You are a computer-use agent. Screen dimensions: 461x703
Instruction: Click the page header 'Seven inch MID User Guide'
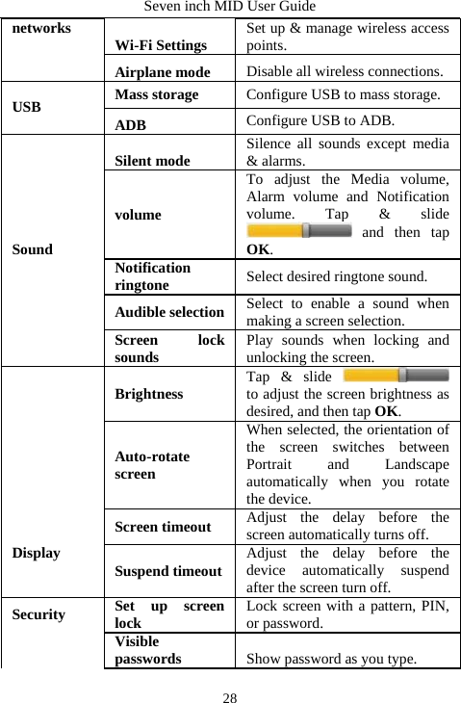pos(230,7)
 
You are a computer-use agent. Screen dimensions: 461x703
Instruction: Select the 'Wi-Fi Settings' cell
pos(160,45)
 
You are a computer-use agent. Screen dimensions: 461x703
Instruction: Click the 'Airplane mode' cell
pos(163,71)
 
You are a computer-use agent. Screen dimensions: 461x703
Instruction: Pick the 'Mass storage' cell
pos(156,94)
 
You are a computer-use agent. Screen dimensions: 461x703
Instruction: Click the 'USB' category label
pos(27,107)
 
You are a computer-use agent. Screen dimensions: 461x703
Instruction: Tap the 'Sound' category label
pos(34,249)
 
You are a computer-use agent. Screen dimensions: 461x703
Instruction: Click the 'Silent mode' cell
pos(152,161)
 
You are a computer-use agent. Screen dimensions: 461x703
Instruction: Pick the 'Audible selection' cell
pos(169,312)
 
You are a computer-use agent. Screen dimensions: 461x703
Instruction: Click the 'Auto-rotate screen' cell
pos(152,466)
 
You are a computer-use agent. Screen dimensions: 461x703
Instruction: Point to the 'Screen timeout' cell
pos(163,526)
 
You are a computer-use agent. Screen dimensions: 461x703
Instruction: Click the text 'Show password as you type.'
pos(331,659)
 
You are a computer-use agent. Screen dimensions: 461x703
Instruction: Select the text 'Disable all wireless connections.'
pos(345,71)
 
